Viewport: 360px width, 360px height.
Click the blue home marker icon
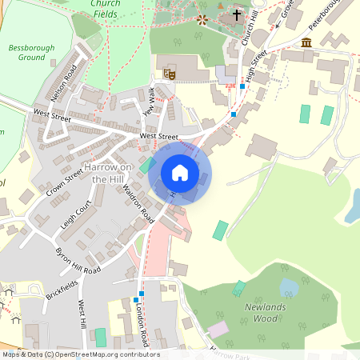[180, 172]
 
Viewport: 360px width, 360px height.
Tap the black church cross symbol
[237, 14]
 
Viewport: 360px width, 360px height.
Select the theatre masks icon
[170, 74]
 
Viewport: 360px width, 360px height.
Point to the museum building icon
[306, 42]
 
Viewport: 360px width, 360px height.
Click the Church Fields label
[106, 9]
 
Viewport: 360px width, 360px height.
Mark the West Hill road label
[82, 314]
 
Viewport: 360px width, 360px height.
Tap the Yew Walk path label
[148, 101]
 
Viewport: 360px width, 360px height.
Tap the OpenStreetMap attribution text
[80, 354]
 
